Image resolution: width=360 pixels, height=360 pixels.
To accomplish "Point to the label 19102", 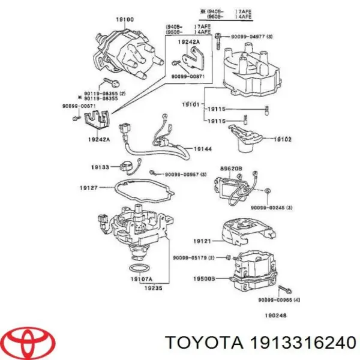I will pos(283,139).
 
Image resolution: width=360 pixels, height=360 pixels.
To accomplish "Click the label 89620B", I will pos(230,169).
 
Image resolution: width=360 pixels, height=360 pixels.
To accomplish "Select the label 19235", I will pos(146,287).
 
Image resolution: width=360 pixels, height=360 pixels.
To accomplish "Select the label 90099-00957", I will pos(178,174).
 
